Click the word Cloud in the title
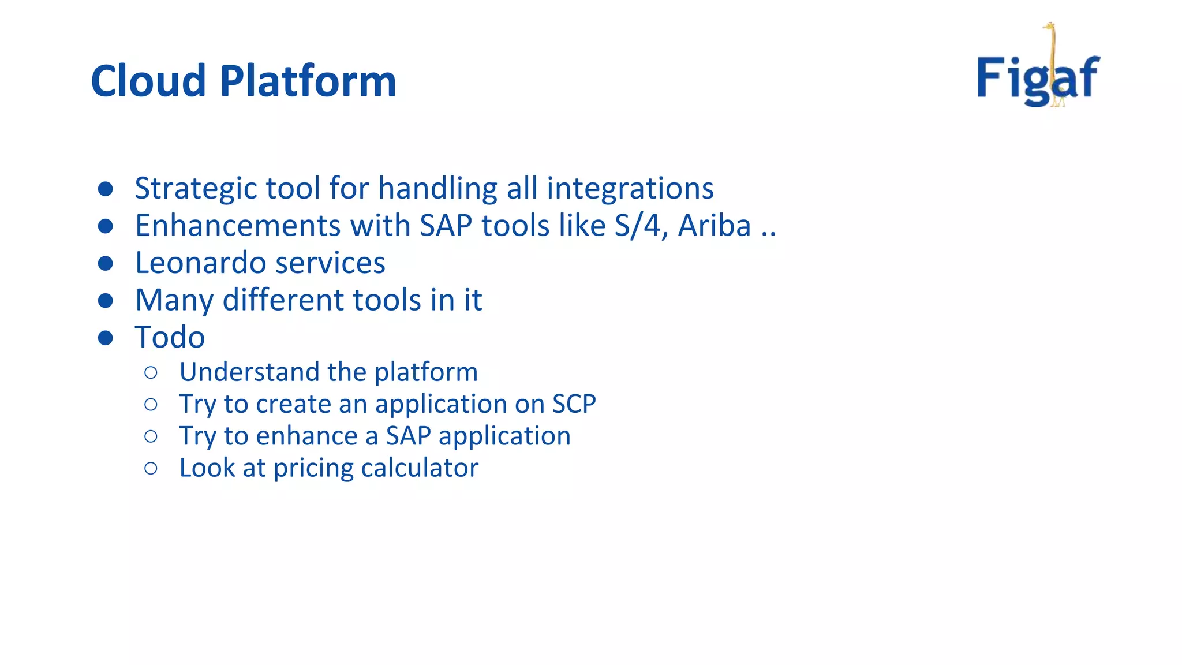(x=148, y=81)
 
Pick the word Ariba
(x=714, y=226)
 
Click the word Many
(x=174, y=300)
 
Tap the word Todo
(x=170, y=337)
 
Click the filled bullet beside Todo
(x=105, y=338)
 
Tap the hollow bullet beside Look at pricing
(x=151, y=468)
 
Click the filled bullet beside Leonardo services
(x=105, y=264)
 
